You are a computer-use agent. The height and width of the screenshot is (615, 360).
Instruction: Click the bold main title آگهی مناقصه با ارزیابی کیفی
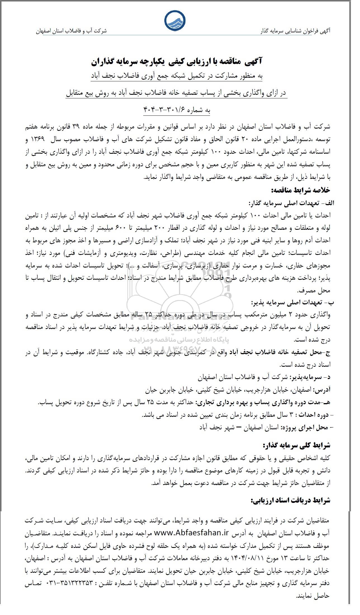tap(177, 62)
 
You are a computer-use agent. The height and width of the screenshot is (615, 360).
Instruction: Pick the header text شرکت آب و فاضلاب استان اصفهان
tap(71, 31)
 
